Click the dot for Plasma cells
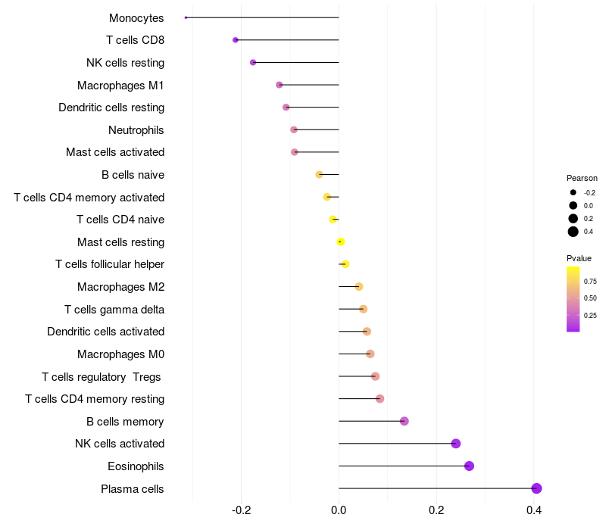coord(536,488)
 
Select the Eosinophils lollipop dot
coord(469,466)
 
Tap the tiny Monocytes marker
coord(186,17)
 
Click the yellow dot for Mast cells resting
coord(340,242)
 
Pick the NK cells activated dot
coord(456,444)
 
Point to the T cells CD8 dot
coord(236,40)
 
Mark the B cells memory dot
coord(405,421)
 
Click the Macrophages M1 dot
coord(280,85)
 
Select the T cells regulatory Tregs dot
coord(375,376)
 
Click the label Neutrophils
coord(136,130)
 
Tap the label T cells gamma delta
coord(114,310)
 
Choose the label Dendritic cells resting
coord(111,108)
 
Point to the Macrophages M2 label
coord(121,287)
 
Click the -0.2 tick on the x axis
coord(241,510)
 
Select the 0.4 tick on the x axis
coord(534,510)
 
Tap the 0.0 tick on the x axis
coord(339,510)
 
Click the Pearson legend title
coord(582,178)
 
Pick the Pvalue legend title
coord(579,258)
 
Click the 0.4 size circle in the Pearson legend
coord(573,232)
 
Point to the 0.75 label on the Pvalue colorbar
coord(590,281)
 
